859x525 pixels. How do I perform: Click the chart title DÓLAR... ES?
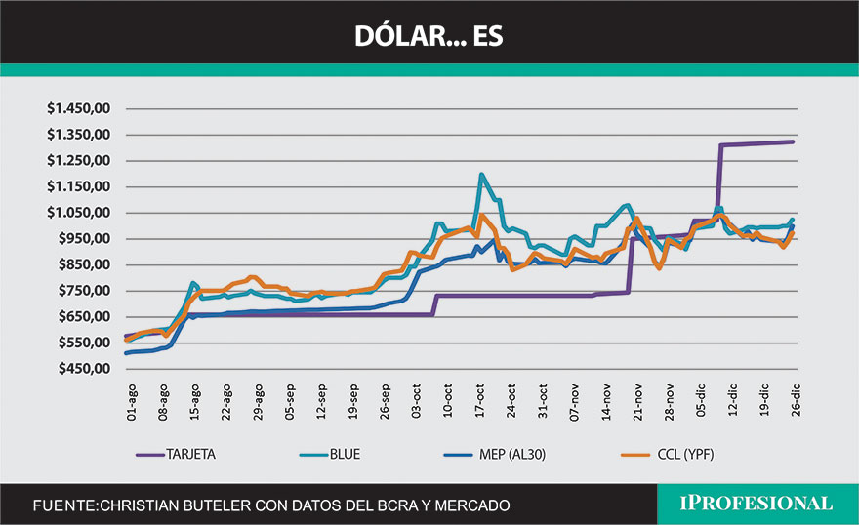click(429, 36)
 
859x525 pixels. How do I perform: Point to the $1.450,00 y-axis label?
click(80, 108)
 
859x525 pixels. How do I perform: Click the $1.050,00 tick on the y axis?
click(80, 213)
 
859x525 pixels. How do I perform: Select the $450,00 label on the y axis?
click(84, 369)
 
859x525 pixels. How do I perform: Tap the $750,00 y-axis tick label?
click(84, 291)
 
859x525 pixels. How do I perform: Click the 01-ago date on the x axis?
click(132, 402)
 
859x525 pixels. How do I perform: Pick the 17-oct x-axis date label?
click(480, 402)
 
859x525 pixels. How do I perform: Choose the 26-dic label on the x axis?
click(796, 402)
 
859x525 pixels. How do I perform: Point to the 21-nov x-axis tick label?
click(637, 402)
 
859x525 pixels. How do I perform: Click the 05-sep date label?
click(290, 402)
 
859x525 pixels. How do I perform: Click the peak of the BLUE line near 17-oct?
click(481, 176)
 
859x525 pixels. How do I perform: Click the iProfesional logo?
click(757, 504)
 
